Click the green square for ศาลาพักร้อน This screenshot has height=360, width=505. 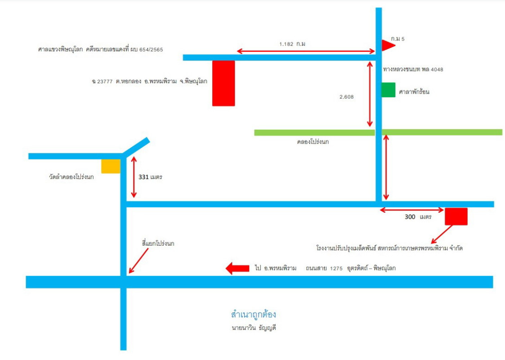click(x=389, y=90)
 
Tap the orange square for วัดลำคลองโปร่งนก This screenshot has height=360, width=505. click(x=111, y=166)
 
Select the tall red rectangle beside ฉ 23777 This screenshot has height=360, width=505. click(x=223, y=83)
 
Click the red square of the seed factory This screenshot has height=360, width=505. click(x=456, y=216)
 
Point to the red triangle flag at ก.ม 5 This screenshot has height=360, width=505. click(x=388, y=45)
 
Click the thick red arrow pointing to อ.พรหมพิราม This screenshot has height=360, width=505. click(x=237, y=268)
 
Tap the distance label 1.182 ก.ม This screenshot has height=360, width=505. click(x=292, y=44)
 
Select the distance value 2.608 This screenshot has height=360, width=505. click(x=347, y=97)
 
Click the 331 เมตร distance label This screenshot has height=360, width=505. click(x=150, y=177)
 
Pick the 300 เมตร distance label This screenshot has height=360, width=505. click(x=418, y=217)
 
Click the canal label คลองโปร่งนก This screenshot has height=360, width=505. click(x=313, y=142)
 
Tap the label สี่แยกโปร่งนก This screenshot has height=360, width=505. click(x=158, y=243)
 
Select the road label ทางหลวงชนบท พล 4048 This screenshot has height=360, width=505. click(x=413, y=69)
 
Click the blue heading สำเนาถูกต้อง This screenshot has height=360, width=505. click(x=253, y=314)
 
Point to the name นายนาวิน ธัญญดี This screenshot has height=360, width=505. click(x=254, y=328)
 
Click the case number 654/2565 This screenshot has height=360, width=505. click(x=151, y=49)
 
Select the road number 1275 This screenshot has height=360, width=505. click(x=336, y=269)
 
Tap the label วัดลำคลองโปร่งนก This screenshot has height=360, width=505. click(x=71, y=177)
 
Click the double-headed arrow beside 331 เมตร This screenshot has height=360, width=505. click(x=134, y=177)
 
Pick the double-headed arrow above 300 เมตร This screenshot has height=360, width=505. click(x=412, y=210)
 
